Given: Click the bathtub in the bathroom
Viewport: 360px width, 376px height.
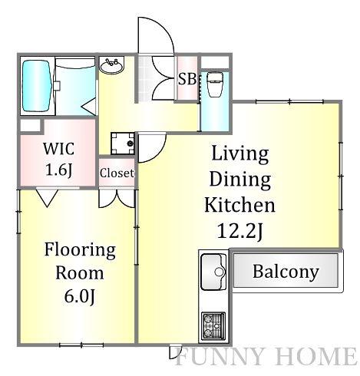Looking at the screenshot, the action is pos(36,86).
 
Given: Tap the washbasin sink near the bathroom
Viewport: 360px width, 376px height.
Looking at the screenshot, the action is pos(111,66).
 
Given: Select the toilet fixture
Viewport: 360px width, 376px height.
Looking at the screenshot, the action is pos(215,84).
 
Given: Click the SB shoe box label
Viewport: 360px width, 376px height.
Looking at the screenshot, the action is pos(187,79).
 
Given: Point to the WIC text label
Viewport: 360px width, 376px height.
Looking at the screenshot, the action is pos(59,149).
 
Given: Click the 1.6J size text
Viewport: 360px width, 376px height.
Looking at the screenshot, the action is pos(59,170).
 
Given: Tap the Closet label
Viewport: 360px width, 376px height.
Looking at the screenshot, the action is pos(117,173).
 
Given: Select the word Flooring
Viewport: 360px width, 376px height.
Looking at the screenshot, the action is pos(80,250).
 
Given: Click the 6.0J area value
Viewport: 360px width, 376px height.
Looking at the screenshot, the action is pos(80,297).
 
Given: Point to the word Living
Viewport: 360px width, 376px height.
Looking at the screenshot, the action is pos(240,153).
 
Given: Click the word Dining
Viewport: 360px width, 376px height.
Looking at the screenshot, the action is pos(240,180).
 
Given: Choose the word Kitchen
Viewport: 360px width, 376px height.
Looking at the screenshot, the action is pos(240,205).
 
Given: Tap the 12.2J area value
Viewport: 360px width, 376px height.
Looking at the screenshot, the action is pos(240,232).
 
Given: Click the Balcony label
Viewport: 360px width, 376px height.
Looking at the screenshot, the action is pos(286,272).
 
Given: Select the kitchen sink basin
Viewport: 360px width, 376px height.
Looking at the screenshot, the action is pos(213,272).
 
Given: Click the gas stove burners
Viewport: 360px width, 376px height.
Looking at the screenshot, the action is pos(213,326).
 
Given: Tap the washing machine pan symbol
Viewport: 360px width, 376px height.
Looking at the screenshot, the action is pos(123,143).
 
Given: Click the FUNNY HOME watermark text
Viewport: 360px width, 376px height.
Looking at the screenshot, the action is pos(266,356).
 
